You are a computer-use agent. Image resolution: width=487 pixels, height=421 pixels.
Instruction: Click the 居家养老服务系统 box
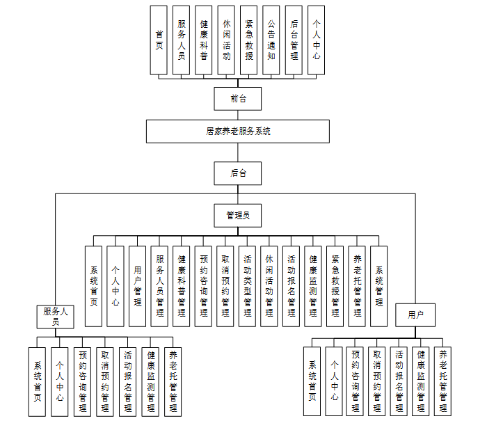pyautogui.click(x=238, y=131)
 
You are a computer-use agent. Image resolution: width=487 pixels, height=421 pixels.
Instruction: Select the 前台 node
pyautogui.click(x=238, y=98)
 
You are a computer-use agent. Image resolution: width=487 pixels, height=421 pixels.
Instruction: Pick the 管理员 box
pyautogui.click(x=238, y=216)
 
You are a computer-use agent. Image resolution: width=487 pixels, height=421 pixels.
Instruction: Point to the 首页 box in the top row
pyautogui.click(x=159, y=40)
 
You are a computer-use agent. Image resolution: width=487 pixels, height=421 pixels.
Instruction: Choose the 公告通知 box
pyautogui.click(x=271, y=40)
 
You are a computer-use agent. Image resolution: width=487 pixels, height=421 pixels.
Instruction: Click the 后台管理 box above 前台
pyautogui.click(x=294, y=40)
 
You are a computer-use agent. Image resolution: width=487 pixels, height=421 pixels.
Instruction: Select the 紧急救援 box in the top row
pyautogui.click(x=249, y=40)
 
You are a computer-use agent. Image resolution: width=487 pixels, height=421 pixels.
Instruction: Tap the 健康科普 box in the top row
pyautogui.click(x=204, y=40)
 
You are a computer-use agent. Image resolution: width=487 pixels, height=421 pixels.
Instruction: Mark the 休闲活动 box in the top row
pyautogui.click(x=226, y=40)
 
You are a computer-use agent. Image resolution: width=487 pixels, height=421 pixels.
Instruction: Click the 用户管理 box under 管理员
pyautogui.click(x=138, y=286)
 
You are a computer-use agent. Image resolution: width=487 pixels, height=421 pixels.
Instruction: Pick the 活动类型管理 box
pyautogui.click(x=248, y=286)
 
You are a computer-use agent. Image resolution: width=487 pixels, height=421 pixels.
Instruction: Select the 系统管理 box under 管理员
pyautogui.click(x=379, y=286)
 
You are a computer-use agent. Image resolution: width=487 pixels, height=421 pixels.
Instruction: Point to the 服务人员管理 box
pyautogui.click(x=159, y=286)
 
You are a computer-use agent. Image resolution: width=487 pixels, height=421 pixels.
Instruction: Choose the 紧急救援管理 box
pyautogui.click(x=335, y=286)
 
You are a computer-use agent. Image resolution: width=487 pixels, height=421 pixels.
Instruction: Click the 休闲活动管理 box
pyautogui.click(x=269, y=286)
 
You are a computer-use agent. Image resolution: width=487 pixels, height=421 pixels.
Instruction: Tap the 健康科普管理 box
pyautogui.click(x=182, y=286)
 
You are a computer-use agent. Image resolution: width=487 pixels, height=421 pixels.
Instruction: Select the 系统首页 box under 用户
pyautogui.click(x=313, y=381)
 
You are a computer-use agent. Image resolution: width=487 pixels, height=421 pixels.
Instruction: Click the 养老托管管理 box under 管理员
pyautogui.click(x=357, y=286)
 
